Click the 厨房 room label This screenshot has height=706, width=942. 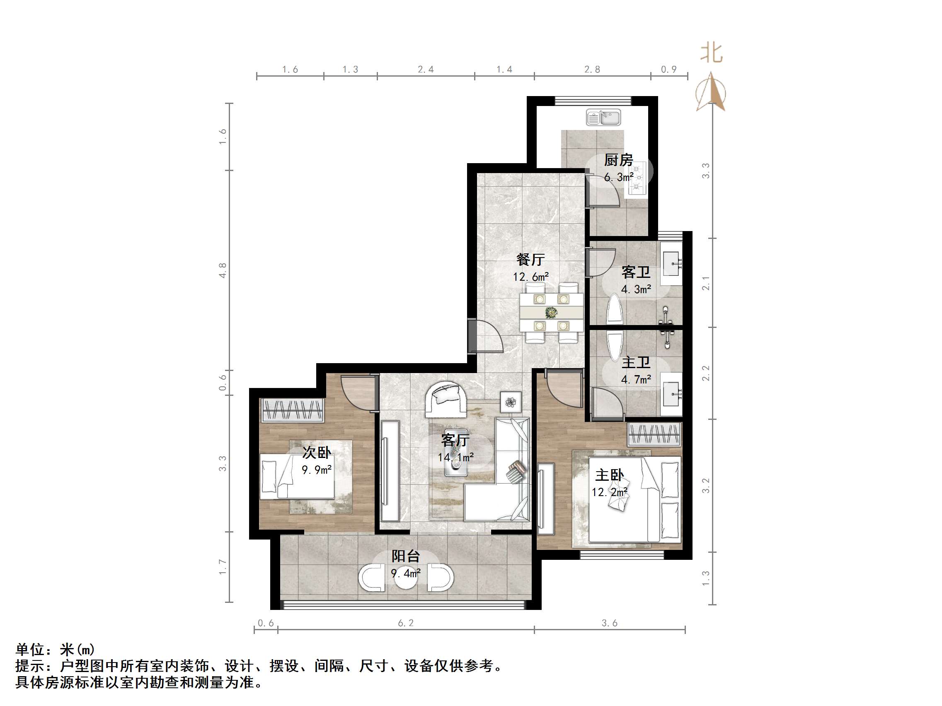coord(618,160)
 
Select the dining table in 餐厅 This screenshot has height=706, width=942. coord(552,313)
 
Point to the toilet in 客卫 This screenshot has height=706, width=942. coord(614,309)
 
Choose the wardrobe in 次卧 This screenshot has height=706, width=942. coord(292,411)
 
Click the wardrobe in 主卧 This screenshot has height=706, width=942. coord(654,435)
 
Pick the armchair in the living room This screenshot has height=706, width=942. coord(446,399)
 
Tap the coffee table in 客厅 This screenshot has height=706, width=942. coord(456,461)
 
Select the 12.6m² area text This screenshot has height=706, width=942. coord(530,277)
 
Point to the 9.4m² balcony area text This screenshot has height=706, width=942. coord(405,573)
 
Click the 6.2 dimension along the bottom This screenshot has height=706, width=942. coord(405,623)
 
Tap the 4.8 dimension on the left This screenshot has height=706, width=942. coord(223,271)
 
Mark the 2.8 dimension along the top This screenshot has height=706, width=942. coord(592,70)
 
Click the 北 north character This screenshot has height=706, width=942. coord(712,53)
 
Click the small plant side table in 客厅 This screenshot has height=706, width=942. coord(511,402)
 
